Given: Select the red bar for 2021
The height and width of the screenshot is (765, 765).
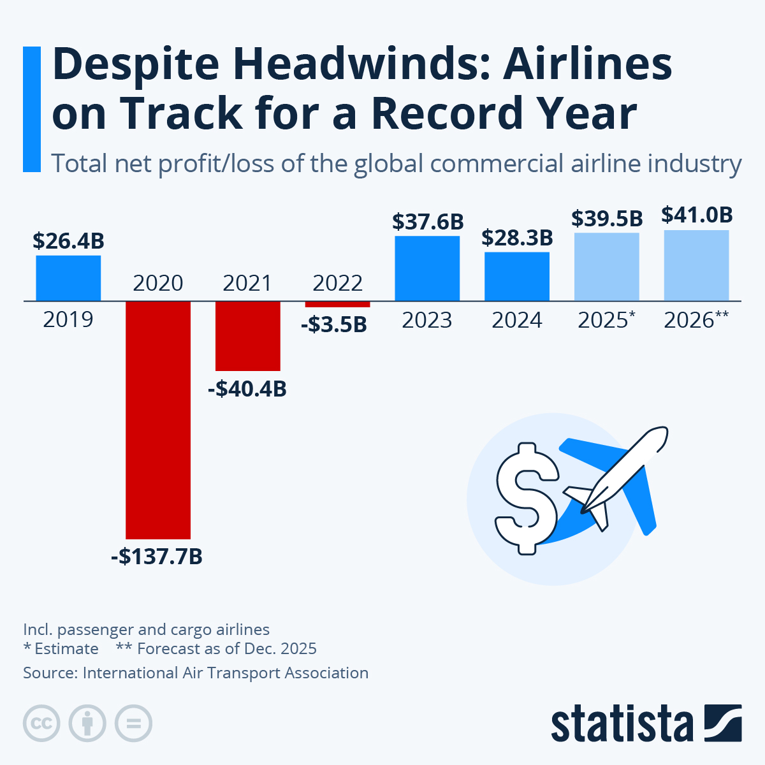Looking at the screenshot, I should click(248, 335).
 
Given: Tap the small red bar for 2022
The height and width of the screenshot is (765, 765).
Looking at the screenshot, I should click(337, 304).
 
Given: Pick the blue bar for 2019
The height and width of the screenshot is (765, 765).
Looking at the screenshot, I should click(68, 278).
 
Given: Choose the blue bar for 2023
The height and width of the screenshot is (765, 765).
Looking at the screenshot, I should click(427, 268).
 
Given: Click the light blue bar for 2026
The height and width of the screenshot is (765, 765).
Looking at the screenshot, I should click(696, 265).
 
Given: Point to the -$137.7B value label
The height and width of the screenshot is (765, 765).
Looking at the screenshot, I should click(157, 557).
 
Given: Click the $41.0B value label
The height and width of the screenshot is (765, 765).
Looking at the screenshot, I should click(697, 215).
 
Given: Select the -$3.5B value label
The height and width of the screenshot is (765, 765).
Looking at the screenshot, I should click(334, 324).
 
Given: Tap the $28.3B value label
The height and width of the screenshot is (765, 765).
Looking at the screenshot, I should click(517, 238).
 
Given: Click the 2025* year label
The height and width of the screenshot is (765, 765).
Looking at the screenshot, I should click(606, 320).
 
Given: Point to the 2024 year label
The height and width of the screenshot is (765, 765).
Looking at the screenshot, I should click(517, 320).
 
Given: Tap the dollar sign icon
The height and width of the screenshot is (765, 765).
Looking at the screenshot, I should click(527, 499).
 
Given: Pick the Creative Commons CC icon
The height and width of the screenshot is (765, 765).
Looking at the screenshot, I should click(41, 724).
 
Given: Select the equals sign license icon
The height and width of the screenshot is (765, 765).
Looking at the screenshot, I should click(133, 724).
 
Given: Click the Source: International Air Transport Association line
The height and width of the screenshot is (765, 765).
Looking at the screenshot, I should click(196, 673).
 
